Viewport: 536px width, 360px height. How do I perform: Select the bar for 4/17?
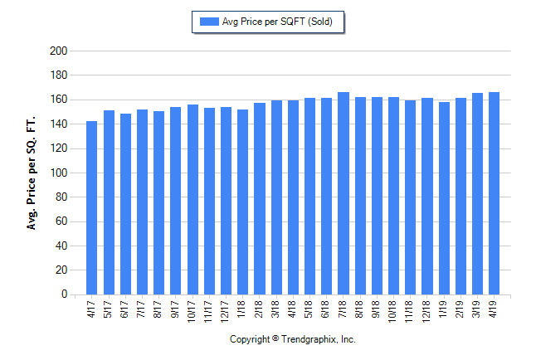pyautogui.click(x=92, y=207)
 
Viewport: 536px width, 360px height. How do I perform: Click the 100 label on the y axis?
pyautogui.click(x=58, y=173)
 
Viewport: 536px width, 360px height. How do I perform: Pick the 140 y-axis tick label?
pyautogui.click(x=58, y=124)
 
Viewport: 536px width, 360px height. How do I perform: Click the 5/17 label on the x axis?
pyautogui.click(x=109, y=309)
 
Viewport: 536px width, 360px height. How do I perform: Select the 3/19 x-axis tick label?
pyautogui.click(x=477, y=309)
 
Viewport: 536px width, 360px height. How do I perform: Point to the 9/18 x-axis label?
pyautogui.click(x=377, y=309)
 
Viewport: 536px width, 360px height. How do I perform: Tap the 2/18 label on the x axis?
pyautogui.click(x=260, y=309)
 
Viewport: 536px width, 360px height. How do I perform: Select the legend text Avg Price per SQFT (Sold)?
pyautogui.click(x=277, y=22)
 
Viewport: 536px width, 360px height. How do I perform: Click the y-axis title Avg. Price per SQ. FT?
pyautogui.click(x=32, y=173)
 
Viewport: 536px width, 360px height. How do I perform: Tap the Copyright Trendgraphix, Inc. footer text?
pyautogui.click(x=292, y=339)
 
